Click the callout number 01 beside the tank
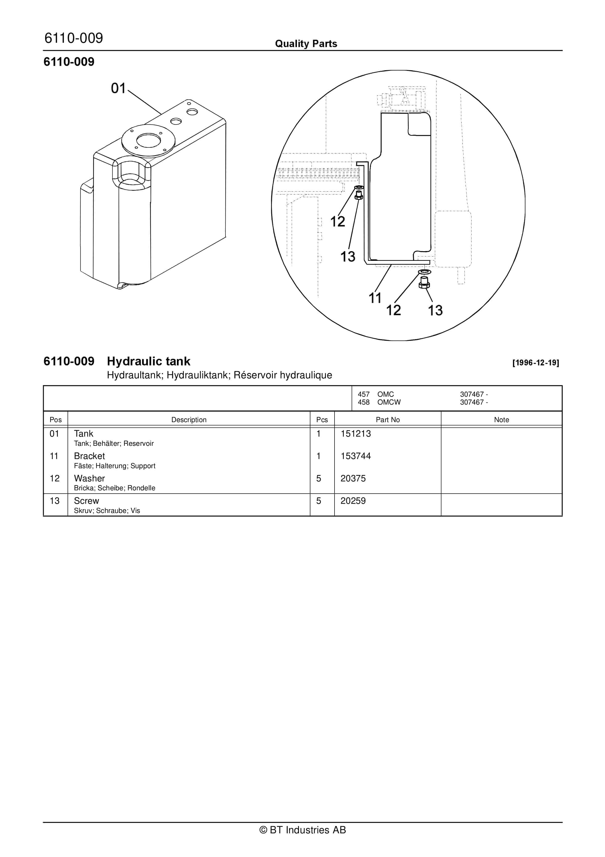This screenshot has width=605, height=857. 118,89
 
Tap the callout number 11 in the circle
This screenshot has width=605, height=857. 375,298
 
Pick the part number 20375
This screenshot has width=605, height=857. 353,479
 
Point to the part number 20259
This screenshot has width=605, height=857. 353,501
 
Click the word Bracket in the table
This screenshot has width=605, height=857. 89,456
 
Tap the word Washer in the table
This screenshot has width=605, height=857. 89,479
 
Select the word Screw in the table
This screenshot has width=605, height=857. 86,501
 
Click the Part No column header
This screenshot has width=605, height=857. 388,420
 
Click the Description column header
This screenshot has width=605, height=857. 189,420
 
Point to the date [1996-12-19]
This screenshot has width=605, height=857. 536,363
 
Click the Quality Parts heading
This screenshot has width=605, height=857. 306,44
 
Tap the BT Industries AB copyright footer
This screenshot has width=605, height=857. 302,830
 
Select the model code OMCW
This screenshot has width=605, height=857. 389,402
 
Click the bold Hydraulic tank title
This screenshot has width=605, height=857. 148,361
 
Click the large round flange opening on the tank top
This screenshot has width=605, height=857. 148,140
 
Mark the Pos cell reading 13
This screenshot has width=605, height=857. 54,501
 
